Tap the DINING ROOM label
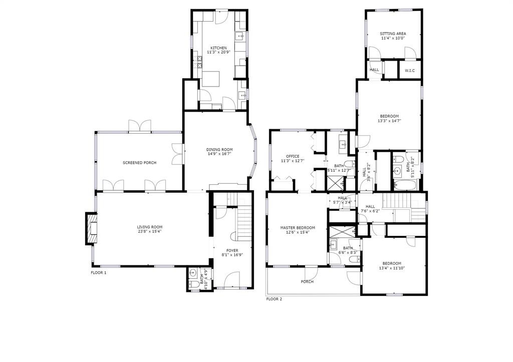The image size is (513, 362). pyautogui.click(x=219, y=149)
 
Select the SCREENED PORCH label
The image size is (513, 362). pyautogui.click(x=139, y=163)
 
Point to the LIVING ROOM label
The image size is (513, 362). pyautogui.click(x=149, y=227)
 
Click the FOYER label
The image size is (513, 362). pyautogui.click(x=232, y=250)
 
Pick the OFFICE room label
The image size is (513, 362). pyautogui.click(x=292, y=156)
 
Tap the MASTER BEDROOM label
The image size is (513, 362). pyautogui.click(x=298, y=228)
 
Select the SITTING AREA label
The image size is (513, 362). pyautogui.click(x=393, y=34)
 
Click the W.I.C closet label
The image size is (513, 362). pyautogui.click(x=410, y=71)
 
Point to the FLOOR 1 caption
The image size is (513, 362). pyautogui.click(x=98, y=273)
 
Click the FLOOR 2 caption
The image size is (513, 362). pyautogui.click(x=274, y=299)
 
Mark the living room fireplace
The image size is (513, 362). pyautogui.click(x=91, y=229)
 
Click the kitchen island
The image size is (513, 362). pyautogui.click(x=211, y=79)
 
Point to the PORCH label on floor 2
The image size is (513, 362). pyautogui.click(x=307, y=282)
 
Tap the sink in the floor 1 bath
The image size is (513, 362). pyautogui.click(x=193, y=274)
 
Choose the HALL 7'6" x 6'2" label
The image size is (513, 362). pyautogui.click(x=370, y=209)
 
